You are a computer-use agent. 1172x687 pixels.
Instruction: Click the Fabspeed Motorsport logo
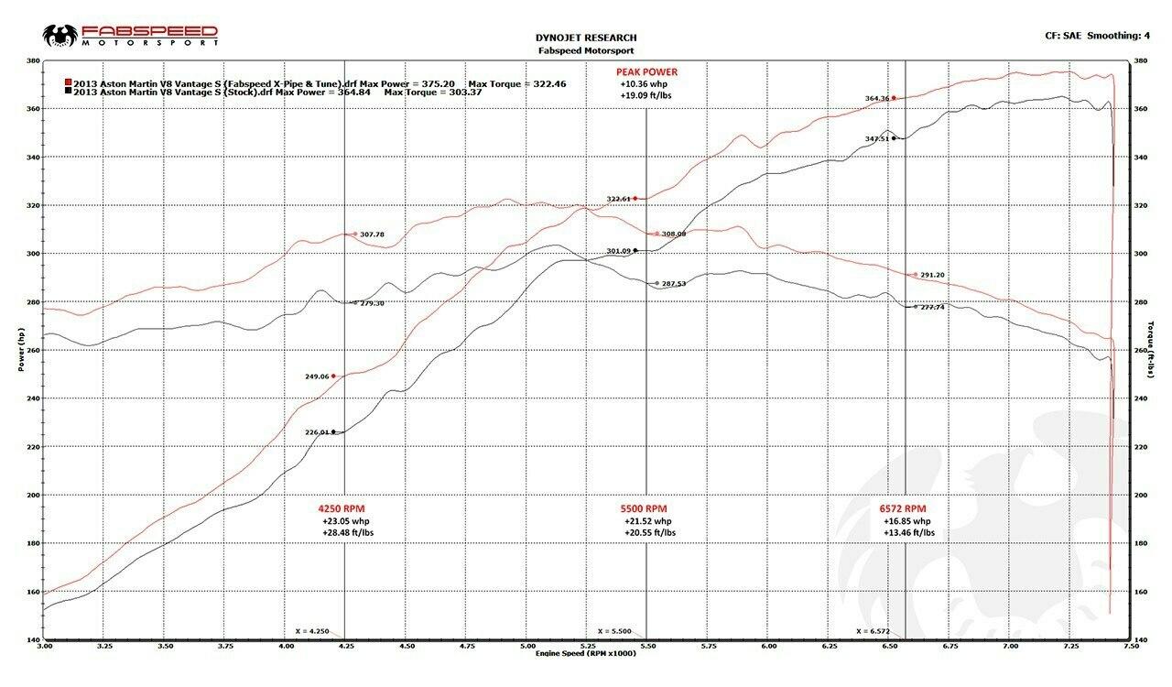click(x=130, y=36)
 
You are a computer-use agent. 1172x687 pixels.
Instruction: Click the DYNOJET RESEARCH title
click(x=585, y=38)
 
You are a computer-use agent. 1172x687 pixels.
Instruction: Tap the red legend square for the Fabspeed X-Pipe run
click(x=68, y=82)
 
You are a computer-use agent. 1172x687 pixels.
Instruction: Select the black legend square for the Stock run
click(x=68, y=92)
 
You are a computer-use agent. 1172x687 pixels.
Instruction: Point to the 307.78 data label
click(x=372, y=234)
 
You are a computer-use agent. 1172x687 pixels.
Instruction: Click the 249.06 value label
click(x=317, y=376)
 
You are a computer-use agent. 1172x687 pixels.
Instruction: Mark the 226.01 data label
click(x=317, y=432)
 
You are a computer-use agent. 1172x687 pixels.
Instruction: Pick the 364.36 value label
click(x=876, y=98)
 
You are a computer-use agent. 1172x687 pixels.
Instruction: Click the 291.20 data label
click(x=932, y=275)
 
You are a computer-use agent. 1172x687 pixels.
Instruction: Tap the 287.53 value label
click(x=674, y=284)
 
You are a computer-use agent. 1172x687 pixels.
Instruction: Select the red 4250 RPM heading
click(x=342, y=508)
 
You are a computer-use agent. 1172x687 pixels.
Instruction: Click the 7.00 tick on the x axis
click(x=1009, y=646)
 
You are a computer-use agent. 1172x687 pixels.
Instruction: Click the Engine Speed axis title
click(x=585, y=653)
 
